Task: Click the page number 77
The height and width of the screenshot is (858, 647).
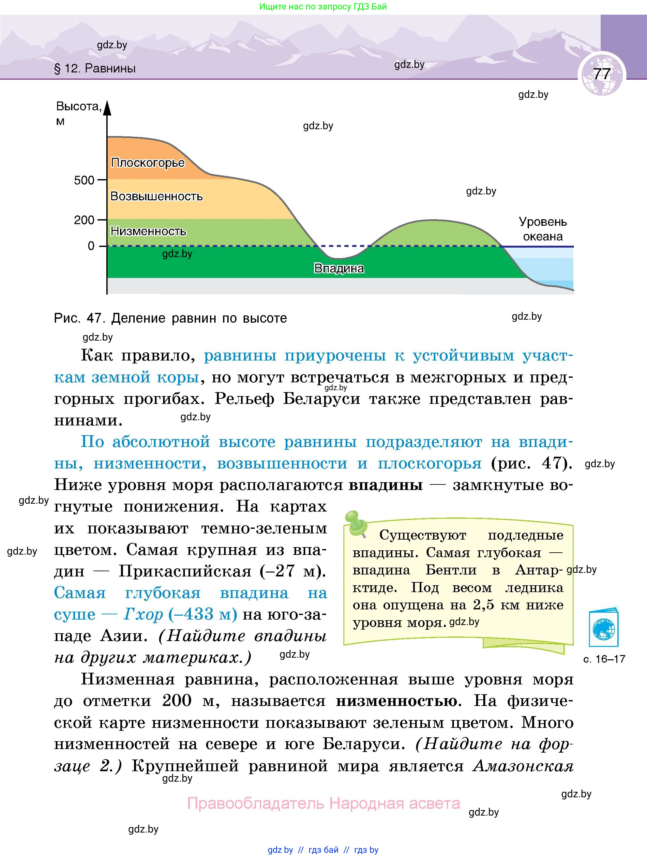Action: coord(602,74)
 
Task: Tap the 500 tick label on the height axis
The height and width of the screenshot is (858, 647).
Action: coord(84,180)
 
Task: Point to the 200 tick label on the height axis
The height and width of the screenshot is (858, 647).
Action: coord(84,220)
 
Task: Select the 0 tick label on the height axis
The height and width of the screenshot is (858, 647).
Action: coord(91,246)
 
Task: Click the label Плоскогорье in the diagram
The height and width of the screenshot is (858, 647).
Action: coord(148,162)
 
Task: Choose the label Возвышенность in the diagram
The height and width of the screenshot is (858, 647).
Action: coord(156,196)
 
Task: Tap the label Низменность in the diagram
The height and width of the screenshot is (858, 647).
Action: coord(148,231)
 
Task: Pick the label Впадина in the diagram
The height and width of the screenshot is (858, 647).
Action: coord(339,268)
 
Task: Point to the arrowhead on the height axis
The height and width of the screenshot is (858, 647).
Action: coord(107,108)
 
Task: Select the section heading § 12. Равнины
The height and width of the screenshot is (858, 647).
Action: coord(95,69)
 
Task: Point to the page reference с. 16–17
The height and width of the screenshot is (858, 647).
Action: coord(604,659)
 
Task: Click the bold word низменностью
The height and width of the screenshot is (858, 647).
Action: coord(397,701)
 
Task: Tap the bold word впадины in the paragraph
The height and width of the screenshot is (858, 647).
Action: coord(385,485)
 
